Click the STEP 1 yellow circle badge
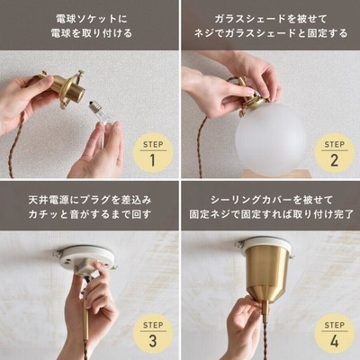pos(153,156)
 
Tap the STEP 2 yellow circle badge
pos(334,156)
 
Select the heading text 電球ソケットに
pos(92,19)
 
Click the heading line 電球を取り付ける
pos(92,33)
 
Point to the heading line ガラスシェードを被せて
pos(270,19)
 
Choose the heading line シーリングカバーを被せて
pos(272,200)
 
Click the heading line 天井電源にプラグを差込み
pos(90,200)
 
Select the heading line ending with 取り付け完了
pos(272,214)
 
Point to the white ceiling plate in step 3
pos(85,258)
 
